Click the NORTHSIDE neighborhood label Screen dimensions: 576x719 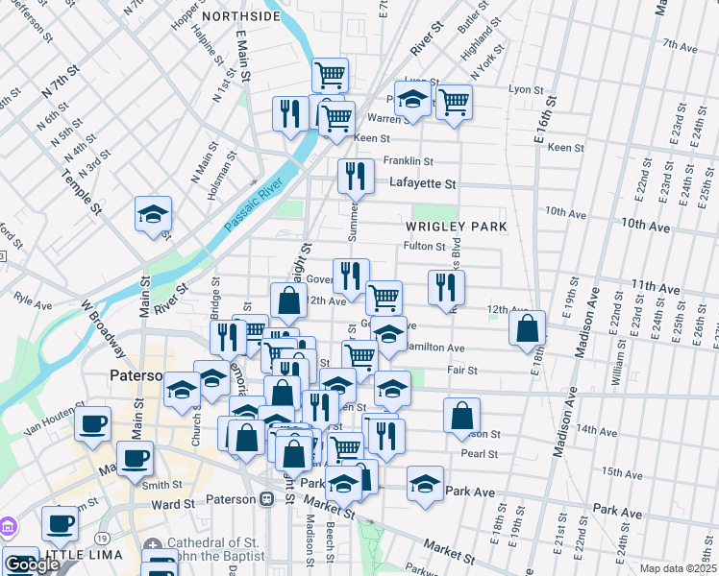[240, 16]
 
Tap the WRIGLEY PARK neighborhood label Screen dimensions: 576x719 [455, 227]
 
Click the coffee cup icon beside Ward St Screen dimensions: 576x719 [60, 524]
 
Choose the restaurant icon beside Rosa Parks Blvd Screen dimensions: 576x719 [446, 286]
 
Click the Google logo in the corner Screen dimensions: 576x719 [32, 565]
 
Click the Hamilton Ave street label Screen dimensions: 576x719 [435, 348]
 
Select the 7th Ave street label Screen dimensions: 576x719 [680, 44]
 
